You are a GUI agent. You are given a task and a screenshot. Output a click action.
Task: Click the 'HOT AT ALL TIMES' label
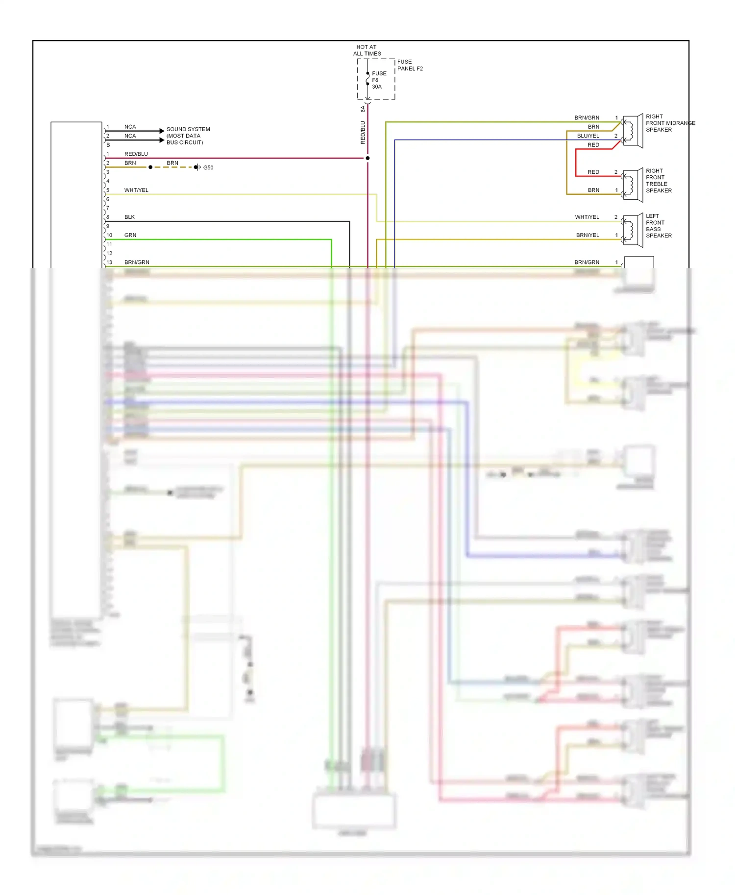click(x=367, y=50)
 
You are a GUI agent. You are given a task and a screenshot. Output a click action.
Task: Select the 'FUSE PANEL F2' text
click(x=410, y=65)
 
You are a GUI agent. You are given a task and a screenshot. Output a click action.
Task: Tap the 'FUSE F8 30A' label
click(x=379, y=80)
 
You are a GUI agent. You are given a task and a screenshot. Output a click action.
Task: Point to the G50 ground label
click(x=208, y=167)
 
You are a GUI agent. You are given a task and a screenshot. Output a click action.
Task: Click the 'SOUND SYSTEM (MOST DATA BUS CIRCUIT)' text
click(x=188, y=136)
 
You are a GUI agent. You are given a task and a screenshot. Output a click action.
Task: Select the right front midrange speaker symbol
click(x=633, y=131)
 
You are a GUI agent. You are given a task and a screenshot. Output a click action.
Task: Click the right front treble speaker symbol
click(x=633, y=185)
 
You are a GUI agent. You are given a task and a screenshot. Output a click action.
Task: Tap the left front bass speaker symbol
click(x=633, y=230)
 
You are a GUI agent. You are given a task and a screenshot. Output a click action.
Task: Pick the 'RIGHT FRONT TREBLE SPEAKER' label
click(x=659, y=181)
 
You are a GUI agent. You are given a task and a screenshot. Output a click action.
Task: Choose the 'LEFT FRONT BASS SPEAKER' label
click(x=659, y=226)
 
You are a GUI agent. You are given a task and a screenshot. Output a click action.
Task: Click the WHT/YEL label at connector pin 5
click(x=136, y=190)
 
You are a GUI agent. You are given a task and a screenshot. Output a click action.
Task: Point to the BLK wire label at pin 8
click(x=129, y=217)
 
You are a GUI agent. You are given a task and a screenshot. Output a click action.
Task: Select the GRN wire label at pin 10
click(x=130, y=235)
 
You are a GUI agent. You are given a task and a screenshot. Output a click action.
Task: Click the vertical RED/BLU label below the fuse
click(x=363, y=132)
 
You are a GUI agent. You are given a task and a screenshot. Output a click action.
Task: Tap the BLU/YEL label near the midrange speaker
click(x=588, y=136)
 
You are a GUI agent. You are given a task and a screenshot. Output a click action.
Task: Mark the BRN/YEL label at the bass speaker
click(x=588, y=235)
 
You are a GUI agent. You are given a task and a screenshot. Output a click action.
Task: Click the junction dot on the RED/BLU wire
click(x=367, y=158)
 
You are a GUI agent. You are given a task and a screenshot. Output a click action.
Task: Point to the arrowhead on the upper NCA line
click(x=162, y=131)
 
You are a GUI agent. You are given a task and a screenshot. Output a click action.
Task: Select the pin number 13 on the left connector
click(x=109, y=262)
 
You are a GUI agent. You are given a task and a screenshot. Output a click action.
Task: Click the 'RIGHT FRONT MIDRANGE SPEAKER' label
click(x=670, y=123)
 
